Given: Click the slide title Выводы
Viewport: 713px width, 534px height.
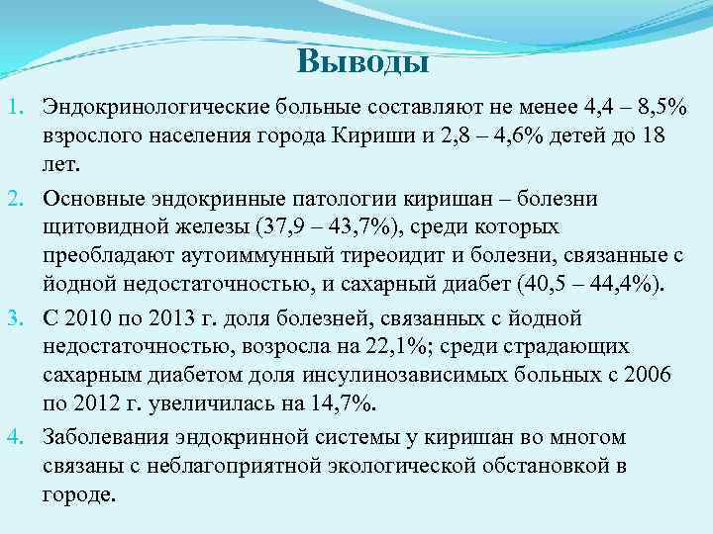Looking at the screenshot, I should pyautogui.click(x=362, y=63).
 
